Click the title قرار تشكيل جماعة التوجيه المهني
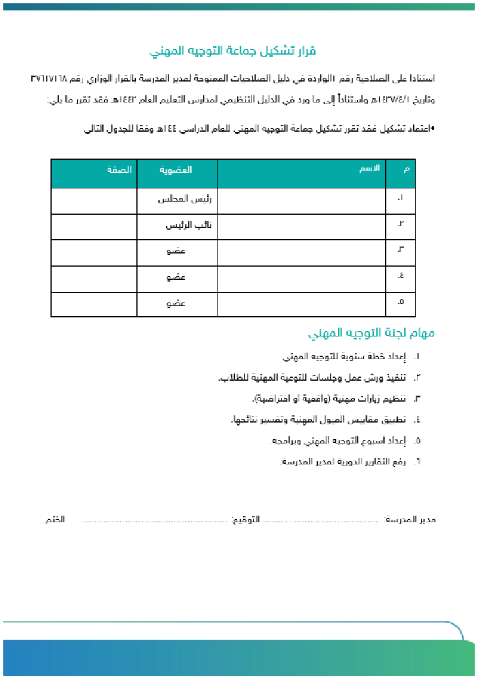(x=233, y=51)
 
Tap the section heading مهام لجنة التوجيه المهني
(x=372, y=333)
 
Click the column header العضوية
(x=176, y=168)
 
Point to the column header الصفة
(x=119, y=168)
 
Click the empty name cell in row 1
(x=301, y=201)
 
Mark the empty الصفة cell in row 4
(x=94, y=278)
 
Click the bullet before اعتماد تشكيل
(x=433, y=128)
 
